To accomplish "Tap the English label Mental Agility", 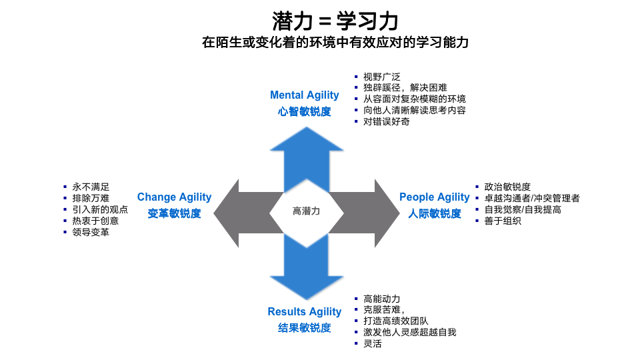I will pyautogui.click(x=305, y=95).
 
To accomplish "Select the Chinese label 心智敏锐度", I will pyautogui.click(x=305, y=112).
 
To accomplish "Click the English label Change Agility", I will pyautogui.click(x=174, y=197).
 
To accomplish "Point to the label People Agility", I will pyautogui.click(x=435, y=197).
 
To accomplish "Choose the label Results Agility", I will pyautogui.click(x=305, y=312).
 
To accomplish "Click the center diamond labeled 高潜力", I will pyautogui.click(x=307, y=211).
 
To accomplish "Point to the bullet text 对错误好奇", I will pyautogui.click(x=387, y=122).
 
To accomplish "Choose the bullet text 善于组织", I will pyautogui.click(x=503, y=221).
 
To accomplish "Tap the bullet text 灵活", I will pyautogui.click(x=373, y=344).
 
